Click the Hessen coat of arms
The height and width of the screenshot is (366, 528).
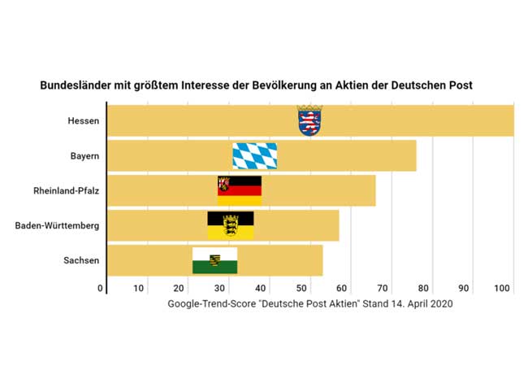pyautogui.click(x=309, y=120)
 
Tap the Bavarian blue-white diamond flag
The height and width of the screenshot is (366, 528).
pyautogui.click(x=255, y=155)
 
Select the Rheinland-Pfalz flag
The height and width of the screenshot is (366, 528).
pyautogui.click(x=239, y=190)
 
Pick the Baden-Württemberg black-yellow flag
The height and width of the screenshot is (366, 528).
pyautogui.click(x=231, y=224)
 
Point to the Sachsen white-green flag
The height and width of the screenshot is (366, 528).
pyautogui.click(x=214, y=259)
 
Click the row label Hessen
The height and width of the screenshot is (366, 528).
pyautogui.click(x=84, y=121)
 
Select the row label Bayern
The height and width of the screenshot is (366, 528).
pyautogui.click(x=84, y=155)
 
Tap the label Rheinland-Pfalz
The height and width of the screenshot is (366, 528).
pyautogui.click(x=66, y=190)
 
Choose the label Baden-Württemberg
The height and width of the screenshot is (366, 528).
pyautogui.click(x=57, y=225)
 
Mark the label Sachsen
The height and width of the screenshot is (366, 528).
pyautogui.click(x=81, y=260)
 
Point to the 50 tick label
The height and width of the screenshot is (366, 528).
pyautogui.click(x=302, y=288)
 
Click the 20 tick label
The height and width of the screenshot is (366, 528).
pyautogui.click(x=180, y=288)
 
